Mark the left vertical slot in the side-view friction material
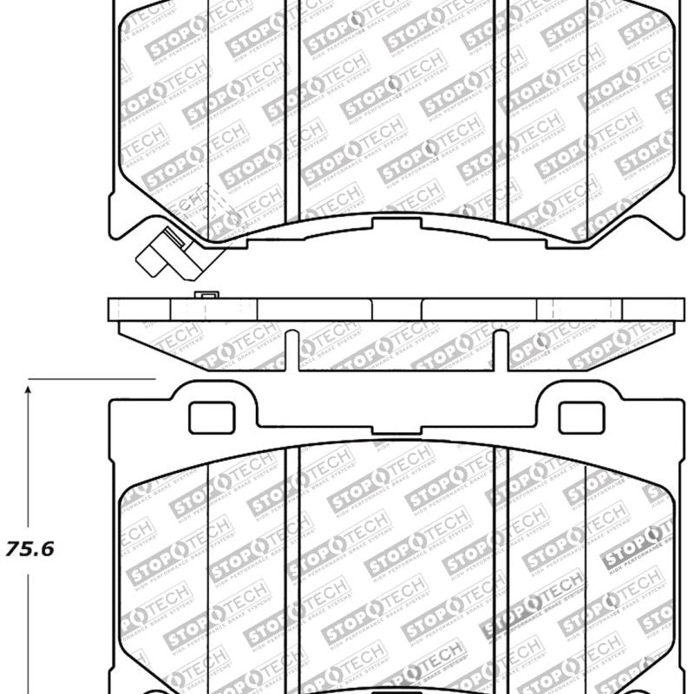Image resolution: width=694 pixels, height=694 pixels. pos(292,350)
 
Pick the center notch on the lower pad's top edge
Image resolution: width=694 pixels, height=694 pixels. pos(396,428)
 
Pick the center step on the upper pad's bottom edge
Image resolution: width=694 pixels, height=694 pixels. pos(396,225)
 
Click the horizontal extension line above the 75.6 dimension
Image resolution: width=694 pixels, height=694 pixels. pos(91,379)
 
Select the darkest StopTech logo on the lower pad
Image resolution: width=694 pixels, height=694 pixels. pos(638,547)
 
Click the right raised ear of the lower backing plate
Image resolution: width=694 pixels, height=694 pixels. pos(579,399)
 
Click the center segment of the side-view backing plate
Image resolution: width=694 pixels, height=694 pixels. pos(396,310)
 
